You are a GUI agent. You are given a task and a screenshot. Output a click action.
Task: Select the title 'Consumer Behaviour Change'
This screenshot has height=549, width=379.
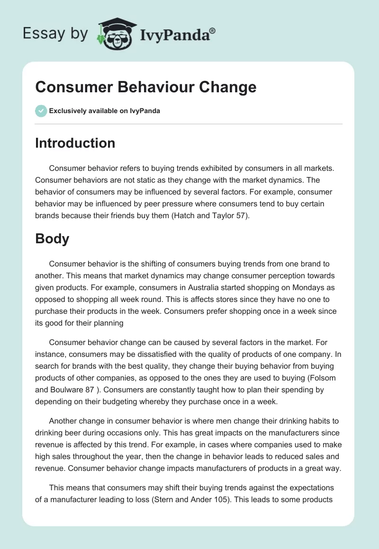click(145, 87)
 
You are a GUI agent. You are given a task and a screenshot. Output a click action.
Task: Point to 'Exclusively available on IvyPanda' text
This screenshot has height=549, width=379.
click(104, 111)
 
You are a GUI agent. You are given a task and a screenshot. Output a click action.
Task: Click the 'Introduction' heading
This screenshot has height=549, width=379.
click(75, 143)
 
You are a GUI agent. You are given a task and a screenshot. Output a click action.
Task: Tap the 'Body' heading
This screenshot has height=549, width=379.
click(52, 239)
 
